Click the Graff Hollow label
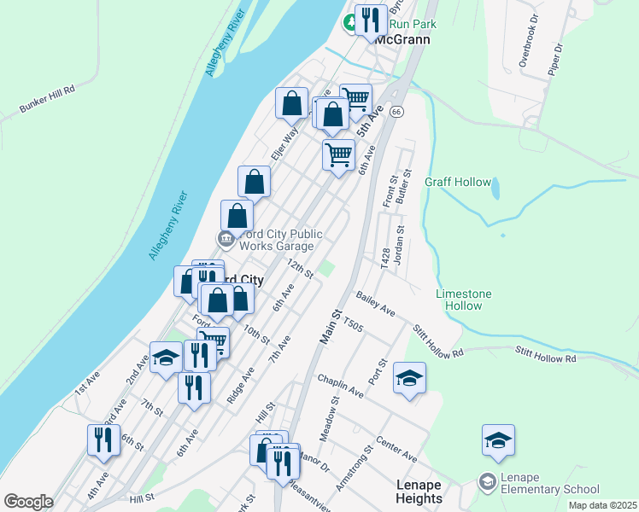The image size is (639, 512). [x=458, y=182]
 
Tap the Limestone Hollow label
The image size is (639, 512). [x=464, y=300]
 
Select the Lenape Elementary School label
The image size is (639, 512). [x=539, y=483]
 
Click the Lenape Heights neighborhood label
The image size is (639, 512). [x=419, y=492]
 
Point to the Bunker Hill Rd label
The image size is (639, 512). [x=47, y=101]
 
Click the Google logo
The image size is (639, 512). [x=28, y=502]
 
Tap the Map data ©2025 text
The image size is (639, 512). [x=601, y=504]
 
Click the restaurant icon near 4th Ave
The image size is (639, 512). [x=103, y=440]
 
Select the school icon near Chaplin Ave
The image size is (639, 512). [x=410, y=376]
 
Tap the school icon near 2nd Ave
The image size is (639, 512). [x=166, y=358]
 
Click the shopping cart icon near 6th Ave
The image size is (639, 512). [x=338, y=155]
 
